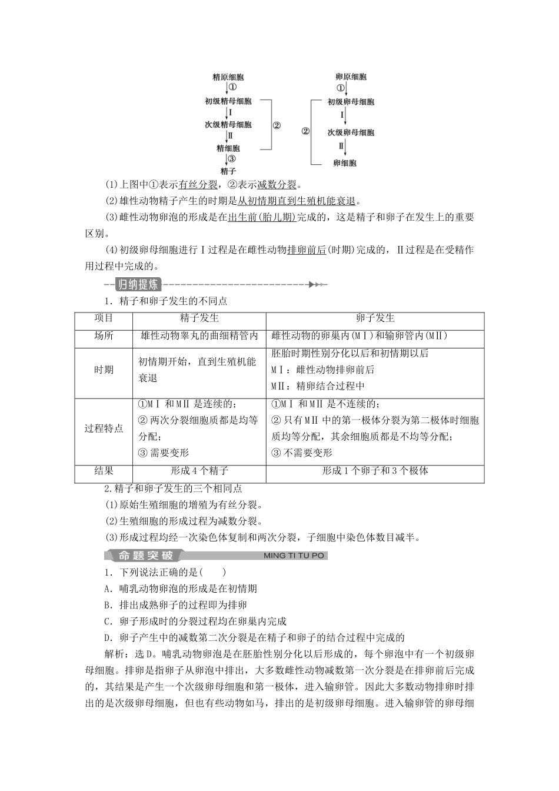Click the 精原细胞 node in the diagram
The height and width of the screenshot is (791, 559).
228,77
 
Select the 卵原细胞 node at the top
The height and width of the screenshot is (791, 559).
351,77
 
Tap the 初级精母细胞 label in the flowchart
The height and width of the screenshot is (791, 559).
228,101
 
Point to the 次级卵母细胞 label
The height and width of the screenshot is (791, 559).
351,132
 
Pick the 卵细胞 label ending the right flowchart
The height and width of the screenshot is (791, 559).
345,163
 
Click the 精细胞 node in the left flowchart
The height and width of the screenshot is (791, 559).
228,148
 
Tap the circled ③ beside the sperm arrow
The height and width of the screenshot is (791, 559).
232,159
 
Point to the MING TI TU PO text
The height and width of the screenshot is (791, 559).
294,556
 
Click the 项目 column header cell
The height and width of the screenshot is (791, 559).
104,318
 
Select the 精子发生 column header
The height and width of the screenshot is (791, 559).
199,318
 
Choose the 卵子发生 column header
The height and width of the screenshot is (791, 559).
375,318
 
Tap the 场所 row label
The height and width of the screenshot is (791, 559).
104,335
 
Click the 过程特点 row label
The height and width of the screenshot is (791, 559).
104,428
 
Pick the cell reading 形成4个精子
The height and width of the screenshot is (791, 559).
199,471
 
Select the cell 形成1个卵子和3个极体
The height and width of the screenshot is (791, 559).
375,471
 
